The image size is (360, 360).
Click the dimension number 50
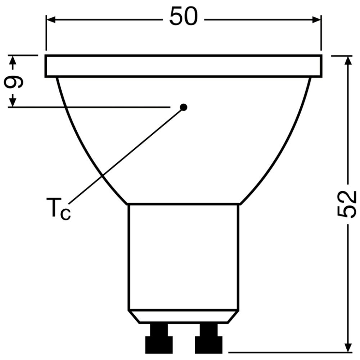[x=184, y=17]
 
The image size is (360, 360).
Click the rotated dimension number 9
[x=14, y=82]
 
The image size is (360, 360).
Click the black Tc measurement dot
[x=184, y=107]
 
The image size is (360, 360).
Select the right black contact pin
[x=207, y=338]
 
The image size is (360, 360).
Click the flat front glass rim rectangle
[x=184, y=66]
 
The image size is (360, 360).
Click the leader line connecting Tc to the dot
[x=126, y=155]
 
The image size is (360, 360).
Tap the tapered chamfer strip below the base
[x=184, y=316]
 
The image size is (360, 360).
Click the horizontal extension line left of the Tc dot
[x=90, y=107]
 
